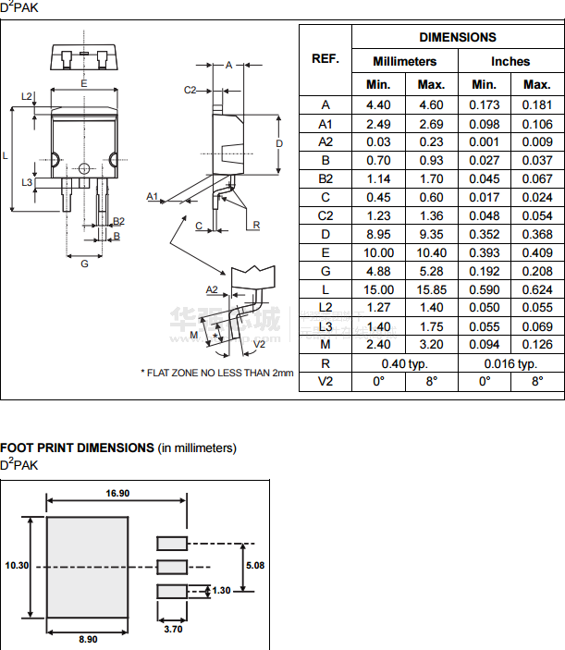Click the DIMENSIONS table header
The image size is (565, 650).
click(x=457, y=37)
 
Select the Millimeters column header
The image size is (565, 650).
click(x=404, y=61)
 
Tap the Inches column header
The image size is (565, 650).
click(x=510, y=61)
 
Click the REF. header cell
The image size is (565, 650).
click(x=325, y=59)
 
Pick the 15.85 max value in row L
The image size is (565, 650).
click(x=431, y=289)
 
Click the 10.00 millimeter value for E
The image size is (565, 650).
click(x=378, y=252)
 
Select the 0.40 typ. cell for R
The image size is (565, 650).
click(x=405, y=363)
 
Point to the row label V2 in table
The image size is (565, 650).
click(x=325, y=381)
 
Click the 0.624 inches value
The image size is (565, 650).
click(x=536, y=289)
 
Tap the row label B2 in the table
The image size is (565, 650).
click(x=325, y=178)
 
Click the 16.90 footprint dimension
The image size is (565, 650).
click(x=117, y=493)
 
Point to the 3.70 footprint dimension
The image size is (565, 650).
click(x=172, y=630)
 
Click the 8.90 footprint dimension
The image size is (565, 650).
click(x=87, y=638)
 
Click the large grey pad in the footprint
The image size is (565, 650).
click(x=87, y=567)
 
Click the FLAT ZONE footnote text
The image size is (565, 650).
click(x=216, y=373)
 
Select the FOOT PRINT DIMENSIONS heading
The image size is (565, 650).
click(x=77, y=448)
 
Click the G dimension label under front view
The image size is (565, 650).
click(x=84, y=264)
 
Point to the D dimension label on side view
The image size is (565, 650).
click(x=278, y=144)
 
